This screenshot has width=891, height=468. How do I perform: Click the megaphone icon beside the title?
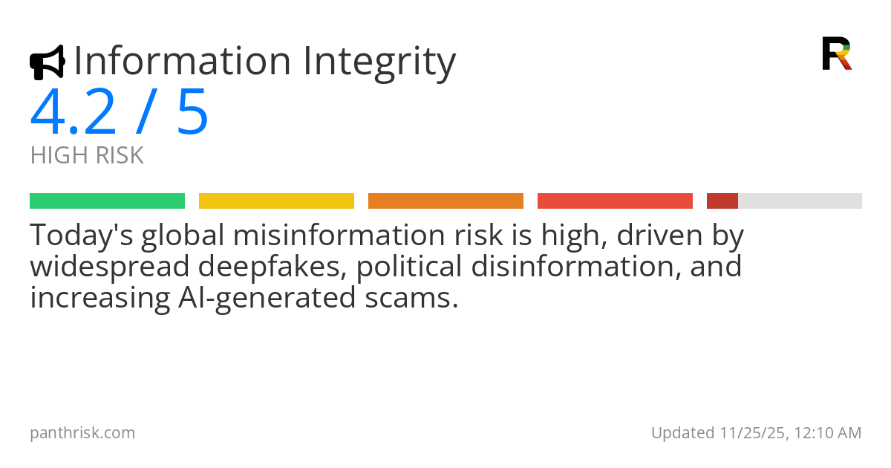(x=47, y=62)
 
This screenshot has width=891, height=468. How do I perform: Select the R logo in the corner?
(x=836, y=53)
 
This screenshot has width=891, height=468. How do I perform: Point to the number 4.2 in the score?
(x=73, y=113)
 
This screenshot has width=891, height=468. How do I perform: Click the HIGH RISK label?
(x=87, y=156)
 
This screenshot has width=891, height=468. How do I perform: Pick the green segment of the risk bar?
(x=107, y=201)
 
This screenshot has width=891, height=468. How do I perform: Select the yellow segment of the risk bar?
(x=276, y=201)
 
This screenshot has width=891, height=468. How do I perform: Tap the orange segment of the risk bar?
(x=446, y=201)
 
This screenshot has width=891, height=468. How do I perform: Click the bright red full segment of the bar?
(x=615, y=201)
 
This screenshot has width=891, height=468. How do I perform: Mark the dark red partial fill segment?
(x=722, y=201)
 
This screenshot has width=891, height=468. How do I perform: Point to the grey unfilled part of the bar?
(x=800, y=201)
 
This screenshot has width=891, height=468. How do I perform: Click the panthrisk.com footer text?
(x=82, y=432)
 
